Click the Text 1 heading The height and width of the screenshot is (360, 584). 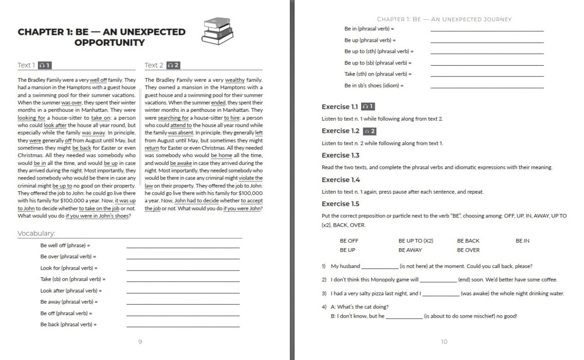pyautogui.click(x=26, y=65)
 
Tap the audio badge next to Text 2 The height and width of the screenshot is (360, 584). pyautogui.click(x=173, y=65)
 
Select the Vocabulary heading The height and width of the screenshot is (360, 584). pyautogui.click(x=36, y=234)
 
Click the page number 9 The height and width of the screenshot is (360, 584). pyautogui.click(x=140, y=342)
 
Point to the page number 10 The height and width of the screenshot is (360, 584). pyautogui.click(x=444, y=342)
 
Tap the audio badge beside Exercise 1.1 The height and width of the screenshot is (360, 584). pyautogui.click(x=368, y=107)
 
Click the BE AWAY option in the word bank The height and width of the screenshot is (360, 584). pyautogui.click(x=410, y=250)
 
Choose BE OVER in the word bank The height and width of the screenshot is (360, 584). pyautogui.click(x=468, y=250)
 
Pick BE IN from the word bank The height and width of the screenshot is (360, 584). pyautogui.click(x=523, y=241)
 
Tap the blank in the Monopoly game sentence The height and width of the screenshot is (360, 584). pyautogui.click(x=438, y=280)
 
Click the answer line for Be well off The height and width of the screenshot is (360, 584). pyautogui.click(x=183, y=247)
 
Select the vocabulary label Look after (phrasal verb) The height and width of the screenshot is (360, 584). pyautogui.click(x=71, y=290)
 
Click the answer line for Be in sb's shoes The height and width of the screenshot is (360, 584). pyautogui.click(x=487, y=87)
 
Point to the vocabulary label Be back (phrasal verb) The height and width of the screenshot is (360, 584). pyautogui.click(x=69, y=324)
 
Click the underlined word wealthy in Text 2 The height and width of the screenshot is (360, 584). pyautogui.click(x=235, y=80)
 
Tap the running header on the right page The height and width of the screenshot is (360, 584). pyautogui.click(x=444, y=19)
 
